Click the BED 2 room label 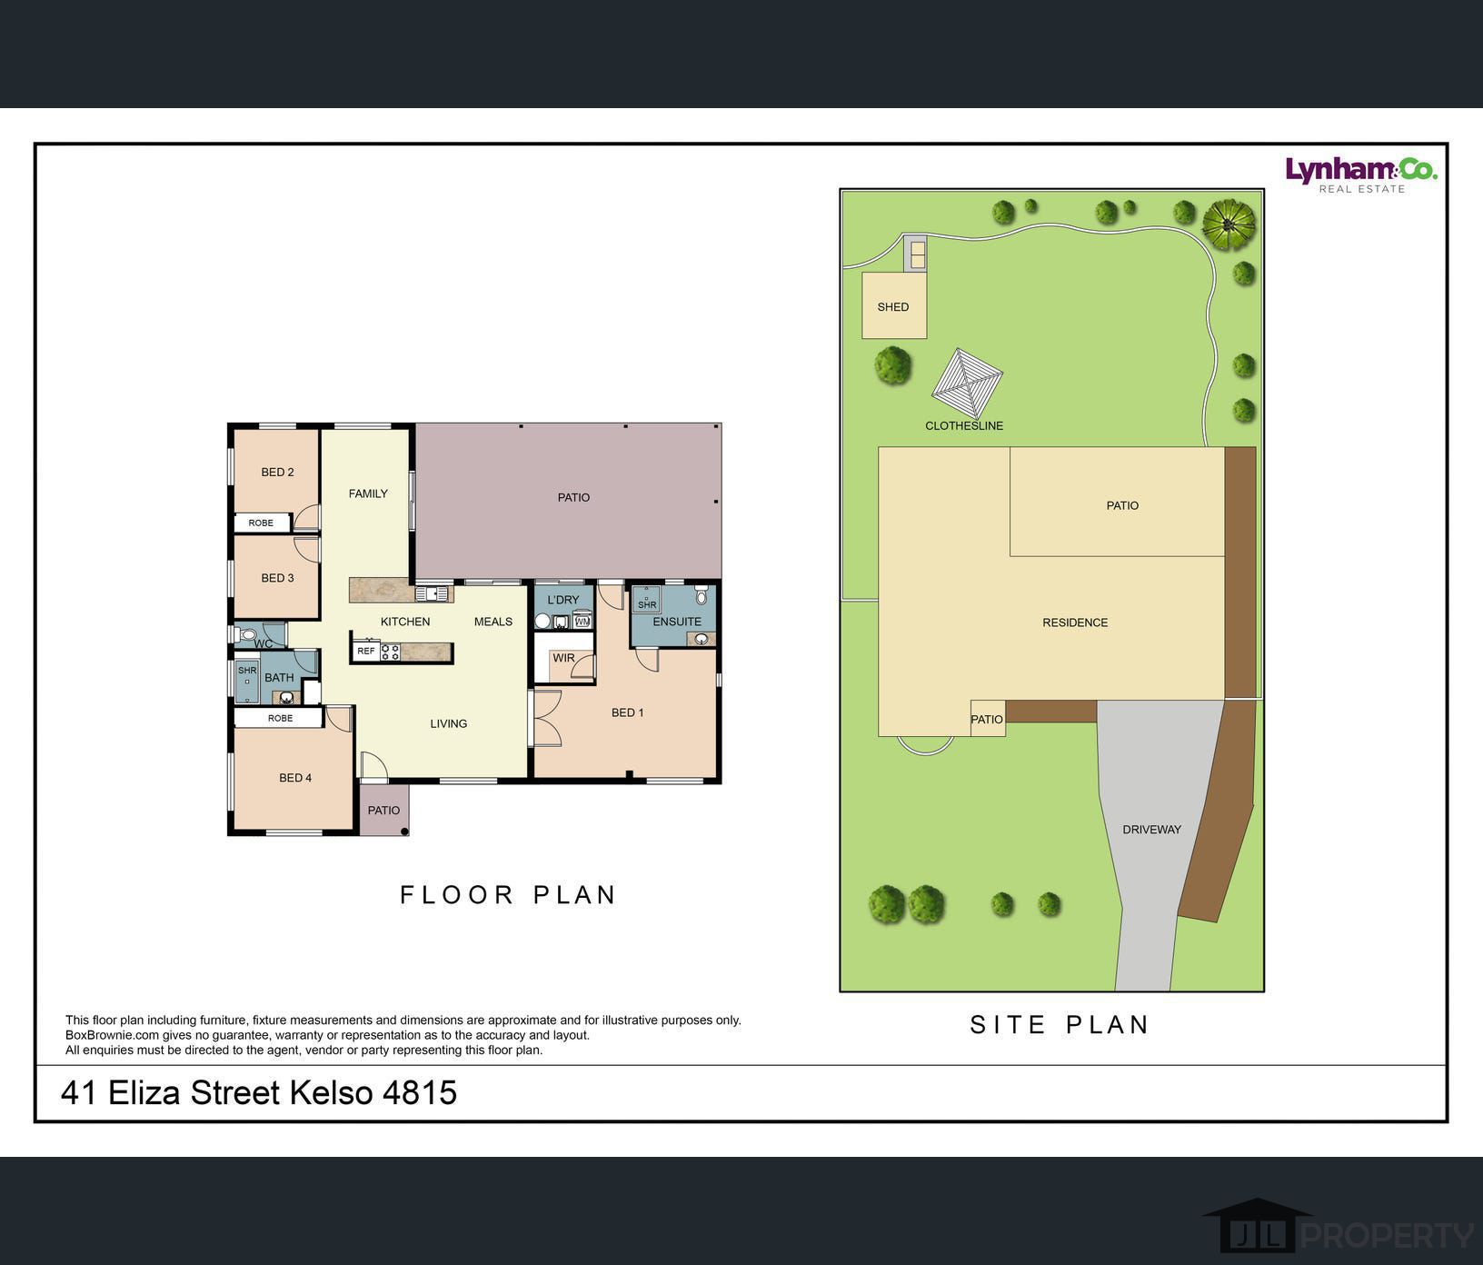[277, 472]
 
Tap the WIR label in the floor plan [563, 658]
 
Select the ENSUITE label [677, 622]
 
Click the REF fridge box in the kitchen [366, 651]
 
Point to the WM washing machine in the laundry [582, 622]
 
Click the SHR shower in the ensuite [646, 600]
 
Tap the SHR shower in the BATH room [247, 682]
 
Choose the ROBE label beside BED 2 [261, 523]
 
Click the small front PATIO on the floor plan [384, 810]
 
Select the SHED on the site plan [894, 305]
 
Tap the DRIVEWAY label [1151, 830]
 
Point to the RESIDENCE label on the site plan [1075, 623]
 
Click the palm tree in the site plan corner [1229, 224]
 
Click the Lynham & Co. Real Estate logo [1360, 174]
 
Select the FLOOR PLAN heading [508, 895]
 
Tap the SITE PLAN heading [1060, 1025]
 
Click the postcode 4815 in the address [420, 1092]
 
